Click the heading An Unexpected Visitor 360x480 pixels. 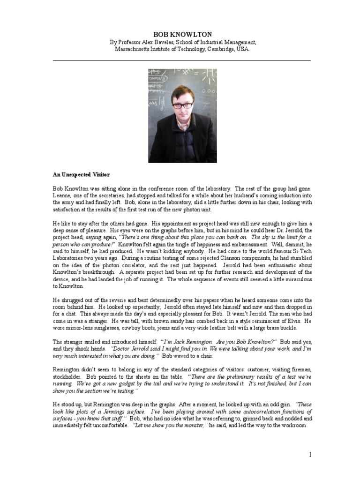click(x=79, y=174)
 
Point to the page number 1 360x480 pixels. click(x=310, y=454)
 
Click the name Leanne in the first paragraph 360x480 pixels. click(x=62, y=195)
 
